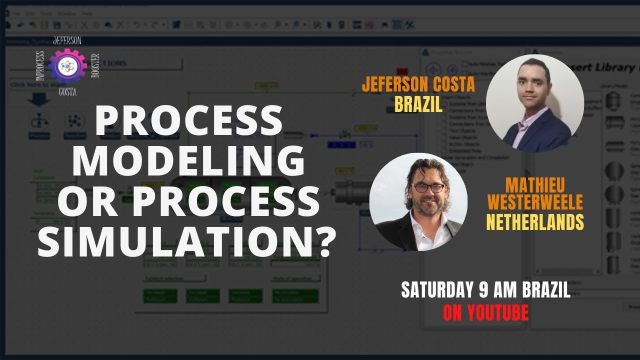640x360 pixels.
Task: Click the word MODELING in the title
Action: pyautogui.click(x=188, y=161)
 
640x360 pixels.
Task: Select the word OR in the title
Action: pyautogui.click(x=89, y=201)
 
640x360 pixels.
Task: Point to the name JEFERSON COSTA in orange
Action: pyautogui.click(x=418, y=85)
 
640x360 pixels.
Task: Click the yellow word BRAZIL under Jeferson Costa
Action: pyautogui.click(x=418, y=104)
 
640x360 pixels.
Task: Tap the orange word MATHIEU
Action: pyautogui.click(x=535, y=185)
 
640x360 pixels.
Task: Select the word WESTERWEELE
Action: pyautogui.click(x=535, y=202)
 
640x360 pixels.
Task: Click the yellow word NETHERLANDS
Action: pyautogui.click(x=535, y=221)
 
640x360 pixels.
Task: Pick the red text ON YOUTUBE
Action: pyautogui.click(x=485, y=312)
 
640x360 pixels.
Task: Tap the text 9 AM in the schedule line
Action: pyautogui.click(x=491, y=290)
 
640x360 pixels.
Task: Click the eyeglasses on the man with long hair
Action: pyautogui.click(x=427, y=188)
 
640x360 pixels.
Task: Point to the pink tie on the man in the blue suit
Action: pyautogui.click(x=522, y=131)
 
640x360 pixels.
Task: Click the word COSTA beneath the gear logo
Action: pyautogui.click(x=67, y=92)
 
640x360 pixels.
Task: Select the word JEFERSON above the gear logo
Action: pyautogui.click(x=66, y=40)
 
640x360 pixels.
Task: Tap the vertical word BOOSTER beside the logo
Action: pyautogui.click(x=95, y=65)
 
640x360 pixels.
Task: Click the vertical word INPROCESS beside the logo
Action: pyautogui.click(x=40, y=65)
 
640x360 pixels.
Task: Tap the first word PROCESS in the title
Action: pyautogui.click(x=188, y=121)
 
